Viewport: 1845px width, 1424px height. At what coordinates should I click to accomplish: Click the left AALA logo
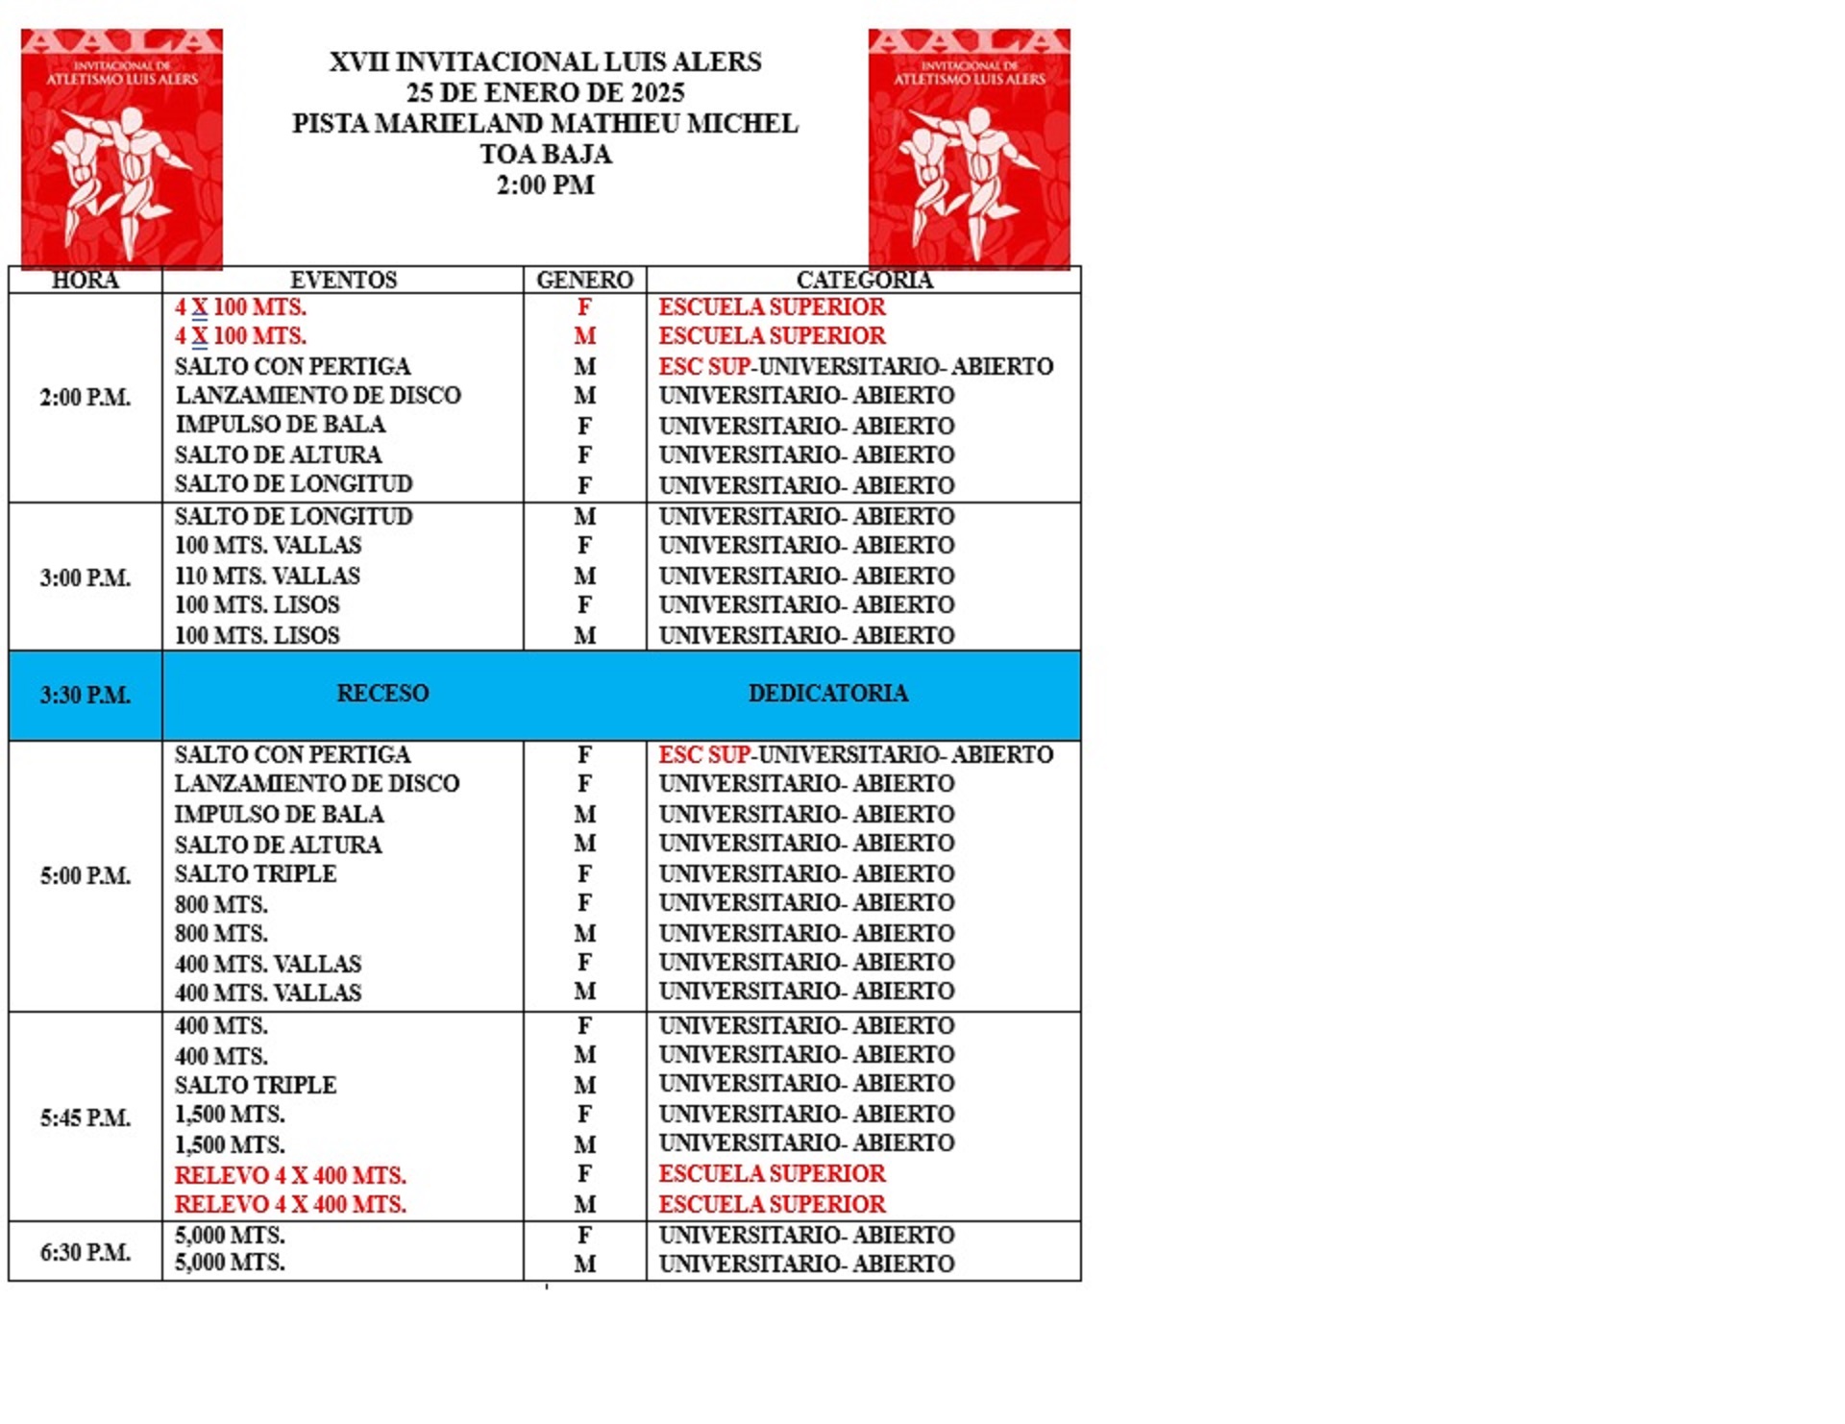click(122, 148)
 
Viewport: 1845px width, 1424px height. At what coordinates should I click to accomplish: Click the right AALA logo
click(969, 148)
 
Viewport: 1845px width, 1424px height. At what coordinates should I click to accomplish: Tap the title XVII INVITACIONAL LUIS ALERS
click(545, 62)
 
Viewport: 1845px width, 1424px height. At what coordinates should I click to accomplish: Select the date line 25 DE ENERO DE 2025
click(545, 93)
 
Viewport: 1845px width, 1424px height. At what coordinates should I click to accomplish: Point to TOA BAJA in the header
click(545, 155)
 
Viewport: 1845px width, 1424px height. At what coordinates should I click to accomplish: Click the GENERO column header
click(584, 281)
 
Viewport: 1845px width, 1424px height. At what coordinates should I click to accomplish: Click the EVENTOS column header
click(343, 281)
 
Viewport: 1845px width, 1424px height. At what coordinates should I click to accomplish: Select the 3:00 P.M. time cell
click(85, 578)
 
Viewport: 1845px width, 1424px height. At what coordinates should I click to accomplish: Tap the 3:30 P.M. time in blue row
click(85, 696)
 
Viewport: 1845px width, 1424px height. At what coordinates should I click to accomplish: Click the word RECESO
click(382, 694)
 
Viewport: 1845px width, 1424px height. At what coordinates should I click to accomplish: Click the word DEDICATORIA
click(827, 694)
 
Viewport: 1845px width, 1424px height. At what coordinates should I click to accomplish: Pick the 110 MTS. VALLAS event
click(267, 577)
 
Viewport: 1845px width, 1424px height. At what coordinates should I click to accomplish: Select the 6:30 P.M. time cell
click(85, 1253)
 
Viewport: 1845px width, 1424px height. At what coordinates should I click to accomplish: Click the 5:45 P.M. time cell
click(85, 1118)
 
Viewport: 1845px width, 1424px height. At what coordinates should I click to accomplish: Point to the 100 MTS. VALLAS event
click(268, 546)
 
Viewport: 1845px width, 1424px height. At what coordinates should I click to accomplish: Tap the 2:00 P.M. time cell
click(85, 398)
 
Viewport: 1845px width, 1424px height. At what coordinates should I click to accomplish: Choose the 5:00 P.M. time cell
click(85, 876)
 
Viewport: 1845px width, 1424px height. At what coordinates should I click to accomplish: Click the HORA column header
click(85, 281)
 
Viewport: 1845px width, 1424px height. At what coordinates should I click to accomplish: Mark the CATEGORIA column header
click(864, 281)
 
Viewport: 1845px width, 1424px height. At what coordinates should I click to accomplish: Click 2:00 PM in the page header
click(545, 185)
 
